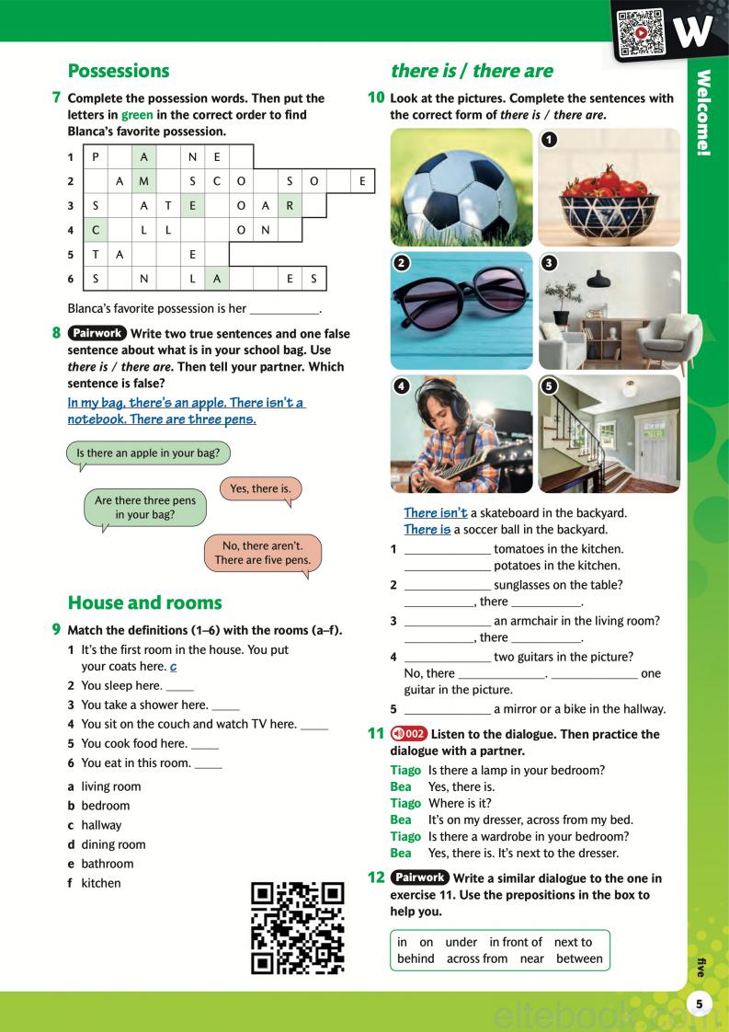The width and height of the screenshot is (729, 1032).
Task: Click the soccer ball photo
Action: tap(461, 187)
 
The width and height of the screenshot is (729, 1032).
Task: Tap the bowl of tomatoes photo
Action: tap(609, 187)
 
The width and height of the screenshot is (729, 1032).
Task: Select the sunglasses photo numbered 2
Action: tap(461, 310)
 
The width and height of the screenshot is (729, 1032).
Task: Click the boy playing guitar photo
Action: tap(461, 433)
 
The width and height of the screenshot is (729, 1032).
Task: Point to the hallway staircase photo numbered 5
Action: tap(609, 433)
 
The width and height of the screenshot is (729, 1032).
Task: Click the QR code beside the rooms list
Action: tap(298, 927)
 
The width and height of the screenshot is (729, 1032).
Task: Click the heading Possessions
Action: tap(119, 71)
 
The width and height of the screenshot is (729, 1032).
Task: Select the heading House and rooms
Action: tap(145, 602)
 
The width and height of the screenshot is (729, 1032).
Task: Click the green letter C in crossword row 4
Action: tap(95, 229)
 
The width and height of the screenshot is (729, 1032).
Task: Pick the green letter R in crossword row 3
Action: tap(289, 205)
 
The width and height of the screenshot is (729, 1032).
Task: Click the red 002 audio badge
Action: tap(407, 734)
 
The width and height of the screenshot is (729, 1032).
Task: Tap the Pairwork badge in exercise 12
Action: tap(419, 878)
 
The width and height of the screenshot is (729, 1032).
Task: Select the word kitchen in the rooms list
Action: tap(101, 883)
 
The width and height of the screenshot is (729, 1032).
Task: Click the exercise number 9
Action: tap(57, 630)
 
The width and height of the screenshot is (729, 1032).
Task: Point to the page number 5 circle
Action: tap(700, 1003)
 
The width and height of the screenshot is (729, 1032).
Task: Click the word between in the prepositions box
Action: tap(580, 958)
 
